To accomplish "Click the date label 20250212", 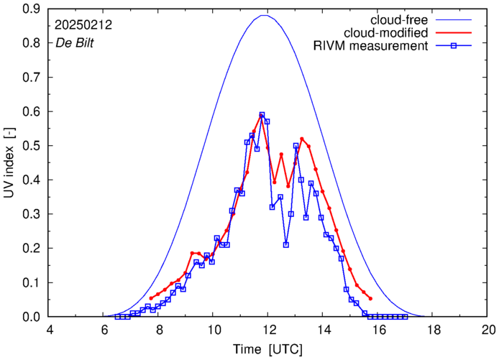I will (x=83, y=24).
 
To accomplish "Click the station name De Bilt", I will (x=75, y=42).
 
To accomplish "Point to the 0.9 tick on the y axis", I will (x=34, y=9).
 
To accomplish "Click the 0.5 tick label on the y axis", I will (x=34, y=146).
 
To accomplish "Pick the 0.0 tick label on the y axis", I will (x=34, y=317).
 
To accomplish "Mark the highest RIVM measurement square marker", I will (x=262, y=115).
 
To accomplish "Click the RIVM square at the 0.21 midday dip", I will (x=286, y=245).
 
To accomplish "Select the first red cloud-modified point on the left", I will (x=152, y=297).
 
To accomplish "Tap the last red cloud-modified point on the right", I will (x=370, y=298).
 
